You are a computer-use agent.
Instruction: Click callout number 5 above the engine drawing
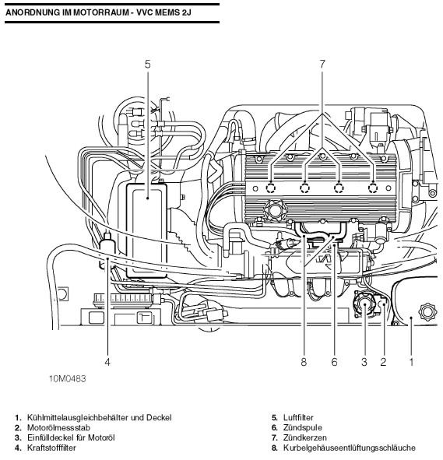pyautogui.click(x=148, y=65)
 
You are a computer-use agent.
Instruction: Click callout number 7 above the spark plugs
pyautogui.click(x=322, y=65)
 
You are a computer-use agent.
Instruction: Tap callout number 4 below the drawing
pyautogui.click(x=107, y=362)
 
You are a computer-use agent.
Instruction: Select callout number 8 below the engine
pyautogui.click(x=304, y=362)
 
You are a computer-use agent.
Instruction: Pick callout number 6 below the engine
pyautogui.click(x=335, y=362)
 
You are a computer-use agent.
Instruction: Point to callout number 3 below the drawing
pyautogui.click(x=364, y=362)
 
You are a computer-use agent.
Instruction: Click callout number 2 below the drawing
pyautogui.click(x=383, y=362)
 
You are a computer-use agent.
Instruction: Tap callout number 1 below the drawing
pyautogui.click(x=411, y=362)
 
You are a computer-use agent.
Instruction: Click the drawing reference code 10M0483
pyautogui.click(x=68, y=379)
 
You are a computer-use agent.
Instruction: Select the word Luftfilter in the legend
pyautogui.click(x=298, y=417)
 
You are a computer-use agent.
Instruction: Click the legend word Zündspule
pyautogui.click(x=303, y=428)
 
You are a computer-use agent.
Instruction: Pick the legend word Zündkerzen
pyautogui.click(x=305, y=437)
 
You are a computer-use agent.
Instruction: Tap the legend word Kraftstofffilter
pyautogui.click(x=51, y=448)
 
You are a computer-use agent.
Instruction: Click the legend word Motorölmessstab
pyautogui.click(x=58, y=428)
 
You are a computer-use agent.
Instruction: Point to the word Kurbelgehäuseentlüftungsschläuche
pyautogui.click(x=350, y=448)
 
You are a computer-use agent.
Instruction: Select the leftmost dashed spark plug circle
pyautogui.click(x=270, y=188)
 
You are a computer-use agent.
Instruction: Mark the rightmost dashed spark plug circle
pyautogui.click(x=373, y=188)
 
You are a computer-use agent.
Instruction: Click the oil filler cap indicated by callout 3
pyautogui.click(x=364, y=304)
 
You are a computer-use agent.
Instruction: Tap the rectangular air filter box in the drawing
pyautogui.click(x=146, y=230)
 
